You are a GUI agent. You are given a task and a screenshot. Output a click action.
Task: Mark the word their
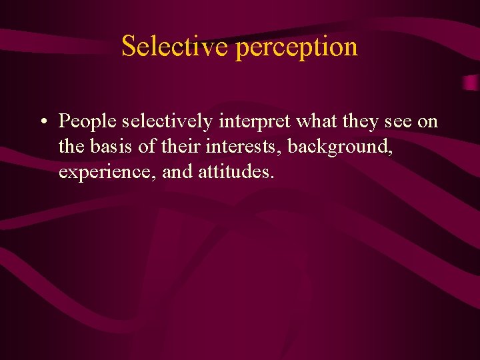[x=180, y=147]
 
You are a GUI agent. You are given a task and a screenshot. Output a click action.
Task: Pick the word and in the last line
[x=177, y=172]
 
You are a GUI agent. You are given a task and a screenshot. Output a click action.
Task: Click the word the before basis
[x=70, y=147]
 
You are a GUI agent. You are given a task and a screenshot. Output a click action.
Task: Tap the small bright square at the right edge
[x=471, y=83]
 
